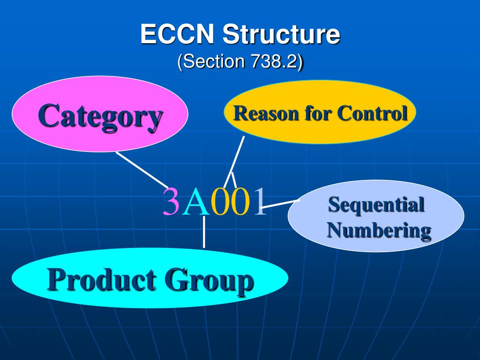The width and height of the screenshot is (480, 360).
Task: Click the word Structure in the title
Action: coord(281,35)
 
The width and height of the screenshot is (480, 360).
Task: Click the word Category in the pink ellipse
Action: coord(100,115)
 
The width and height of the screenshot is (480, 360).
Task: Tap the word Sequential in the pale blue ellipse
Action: coord(376,205)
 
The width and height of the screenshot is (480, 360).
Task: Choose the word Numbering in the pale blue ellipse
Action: coord(379,230)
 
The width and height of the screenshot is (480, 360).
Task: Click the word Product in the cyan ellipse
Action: coord(102,280)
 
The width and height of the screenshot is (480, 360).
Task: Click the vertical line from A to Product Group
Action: coord(203,232)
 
